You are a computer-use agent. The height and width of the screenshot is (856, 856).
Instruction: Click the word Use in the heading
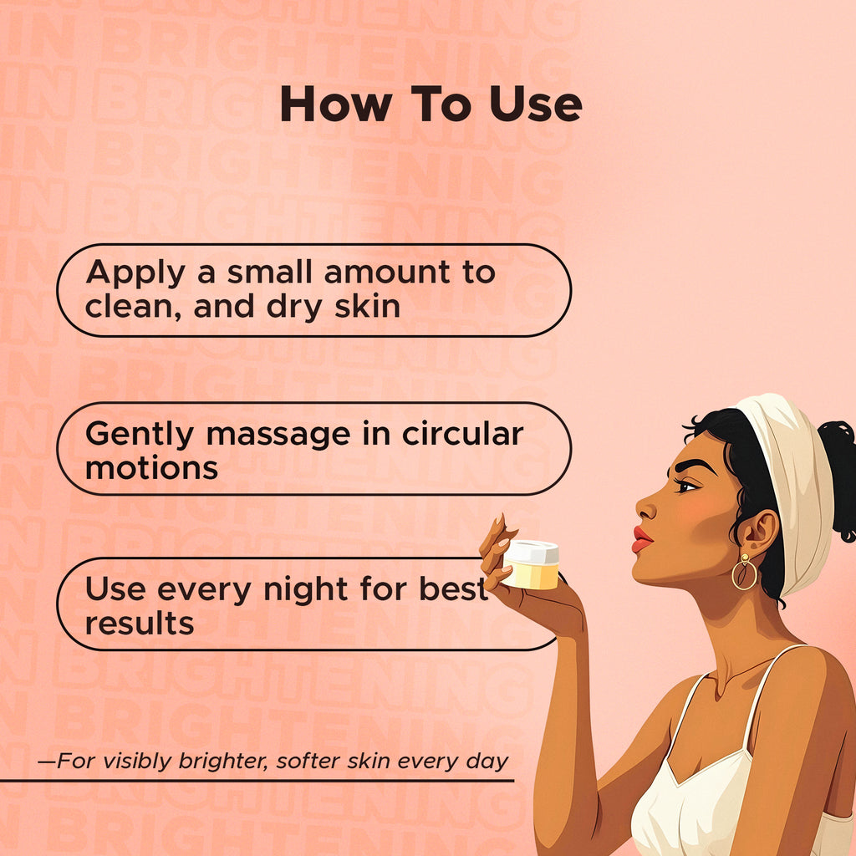point(535,105)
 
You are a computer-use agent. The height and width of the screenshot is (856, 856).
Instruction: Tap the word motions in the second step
point(151,466)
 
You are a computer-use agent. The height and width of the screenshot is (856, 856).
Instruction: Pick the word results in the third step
point(140,622)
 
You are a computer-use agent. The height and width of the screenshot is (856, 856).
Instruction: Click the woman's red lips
point(641,539)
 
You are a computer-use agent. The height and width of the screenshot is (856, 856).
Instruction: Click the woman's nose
point(646,507)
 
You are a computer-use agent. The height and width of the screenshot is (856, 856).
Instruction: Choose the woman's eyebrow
point(692,464)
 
